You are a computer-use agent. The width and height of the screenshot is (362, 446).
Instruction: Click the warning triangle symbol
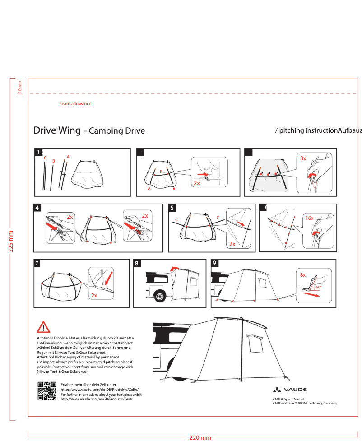click(x=44, y=327)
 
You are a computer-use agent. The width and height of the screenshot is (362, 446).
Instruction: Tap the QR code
click(x=47, y=391)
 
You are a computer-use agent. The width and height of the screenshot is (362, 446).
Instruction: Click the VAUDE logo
click(x=290, y=390)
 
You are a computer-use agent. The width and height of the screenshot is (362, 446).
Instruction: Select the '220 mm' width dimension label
click(x=200, y=438)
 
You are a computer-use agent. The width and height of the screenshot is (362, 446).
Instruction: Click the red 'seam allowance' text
click(x=75, y=104)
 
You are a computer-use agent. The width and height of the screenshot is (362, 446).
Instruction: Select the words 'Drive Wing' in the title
click(x=57, y=131)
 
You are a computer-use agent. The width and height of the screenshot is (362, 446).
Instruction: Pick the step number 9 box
click(x=215, y=263)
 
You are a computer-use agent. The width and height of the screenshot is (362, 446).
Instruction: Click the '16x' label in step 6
click(x=309, y=218)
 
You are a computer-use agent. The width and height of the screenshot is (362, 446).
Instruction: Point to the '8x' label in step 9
click(x=303, y=274)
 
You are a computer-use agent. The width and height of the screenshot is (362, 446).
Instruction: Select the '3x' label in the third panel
click(x=303, y=158)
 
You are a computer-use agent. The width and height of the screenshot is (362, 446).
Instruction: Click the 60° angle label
click(x=319, y=287)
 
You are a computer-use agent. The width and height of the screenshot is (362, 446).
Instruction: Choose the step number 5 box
click(x=172, y=208)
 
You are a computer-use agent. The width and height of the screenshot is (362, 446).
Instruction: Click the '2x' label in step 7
click(x=94, y=296)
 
